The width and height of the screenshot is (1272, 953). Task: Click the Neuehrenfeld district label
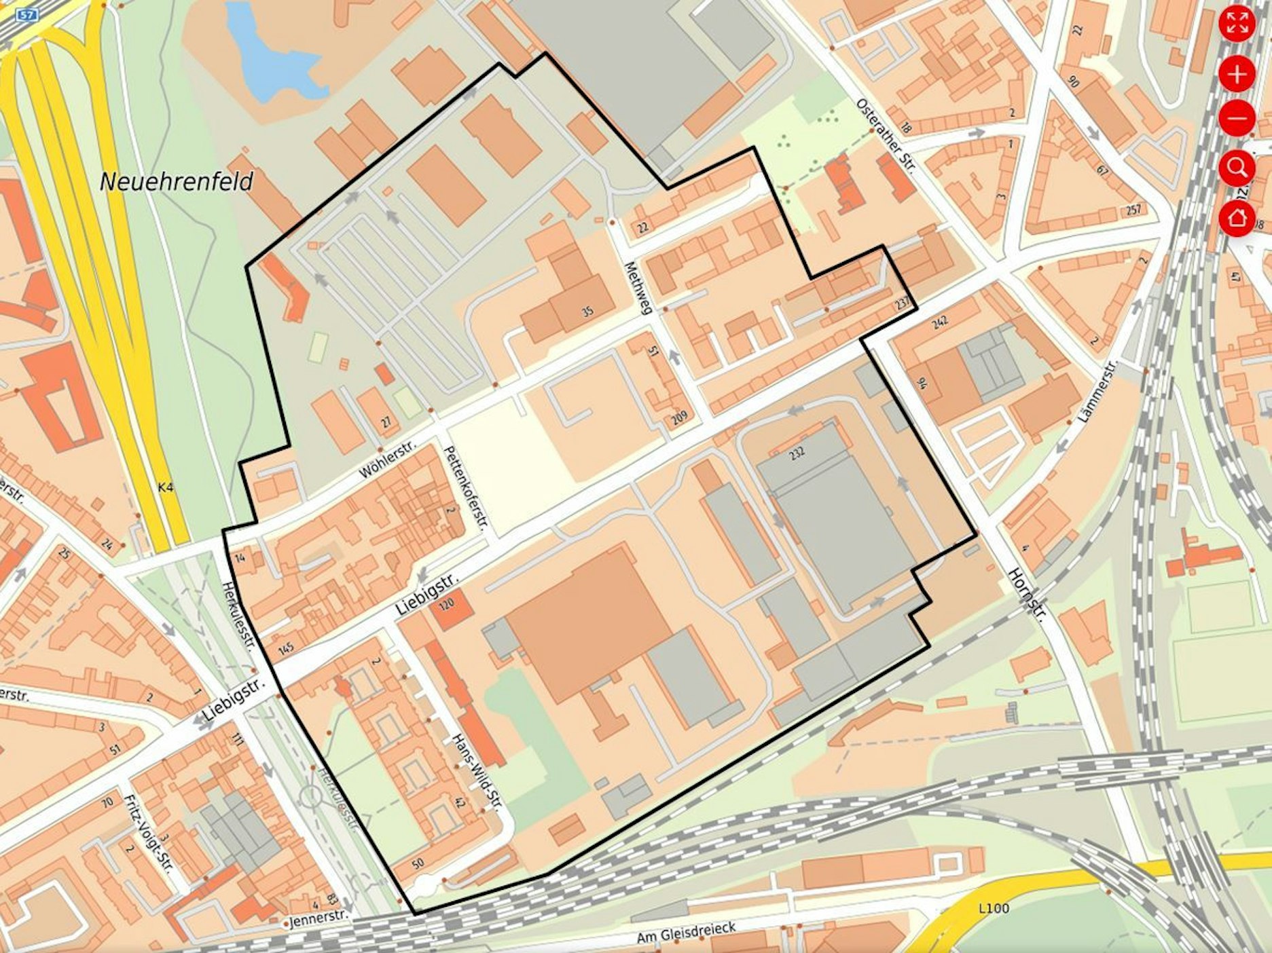click(x=177, y=181)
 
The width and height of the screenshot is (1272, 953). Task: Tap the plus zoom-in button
click(x=1237, y=74)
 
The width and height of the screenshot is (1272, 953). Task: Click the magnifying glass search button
click(x=1237, y=168)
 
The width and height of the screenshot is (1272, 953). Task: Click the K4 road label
click(x=165, y=487)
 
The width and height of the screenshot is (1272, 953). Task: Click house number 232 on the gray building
click(x=797, y=452)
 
